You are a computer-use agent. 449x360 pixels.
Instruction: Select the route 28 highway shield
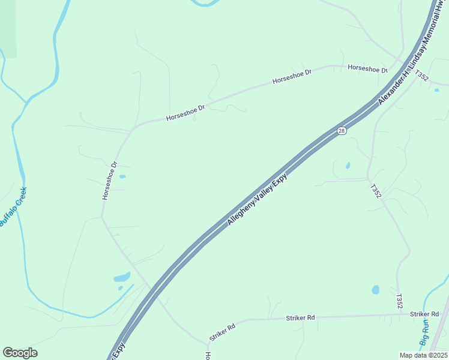tap(341, 131)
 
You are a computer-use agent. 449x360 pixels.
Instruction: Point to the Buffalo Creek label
tap(13, 206)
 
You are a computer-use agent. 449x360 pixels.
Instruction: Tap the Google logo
tap(20, 353)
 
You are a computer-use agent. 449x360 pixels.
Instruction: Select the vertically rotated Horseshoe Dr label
tap(109, 181)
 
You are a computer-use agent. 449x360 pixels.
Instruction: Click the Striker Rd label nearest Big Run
tap(424, 314)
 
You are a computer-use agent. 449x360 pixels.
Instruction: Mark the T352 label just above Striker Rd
tap(399, 301)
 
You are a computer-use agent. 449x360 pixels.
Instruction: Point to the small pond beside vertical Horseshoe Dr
tap(122, 176)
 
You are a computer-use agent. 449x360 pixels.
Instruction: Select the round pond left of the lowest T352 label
tap(376, 290)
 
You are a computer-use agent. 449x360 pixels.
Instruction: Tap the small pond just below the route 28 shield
tap(348, 166)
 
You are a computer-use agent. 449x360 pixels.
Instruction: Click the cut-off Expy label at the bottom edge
tap(115, 352)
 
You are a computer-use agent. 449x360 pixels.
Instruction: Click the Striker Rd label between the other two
tap(300, 317)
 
